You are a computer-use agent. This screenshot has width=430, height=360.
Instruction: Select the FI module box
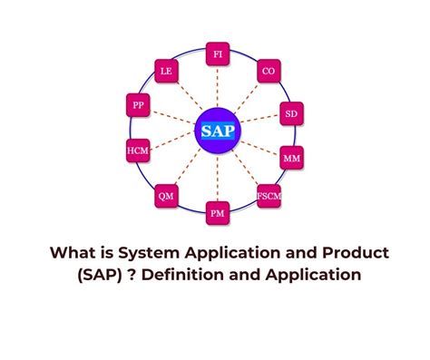tap(218, 54)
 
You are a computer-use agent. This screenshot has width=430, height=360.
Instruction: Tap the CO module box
tap(269, 71)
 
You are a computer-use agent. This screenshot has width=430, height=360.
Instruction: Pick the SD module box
tap(290, 115)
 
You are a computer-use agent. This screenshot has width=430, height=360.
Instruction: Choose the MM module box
tap(292, 158)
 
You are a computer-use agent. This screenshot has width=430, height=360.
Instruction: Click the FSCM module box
tap(269, 195)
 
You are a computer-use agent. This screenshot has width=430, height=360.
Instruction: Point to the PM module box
tap(218, 213)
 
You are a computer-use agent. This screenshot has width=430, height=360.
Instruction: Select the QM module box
tap(166, 194)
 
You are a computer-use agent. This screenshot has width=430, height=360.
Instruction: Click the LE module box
tap(166, 71)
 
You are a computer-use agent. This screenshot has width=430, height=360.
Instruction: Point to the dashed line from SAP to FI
tap(217, 86)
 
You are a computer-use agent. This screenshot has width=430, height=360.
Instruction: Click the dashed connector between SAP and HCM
tap(172, 141)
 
